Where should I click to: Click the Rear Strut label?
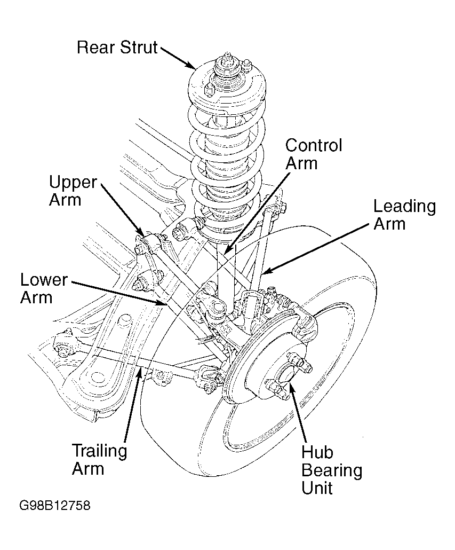click(117, 48)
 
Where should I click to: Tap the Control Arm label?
click(314, 154)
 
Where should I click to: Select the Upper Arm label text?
click(73, 191)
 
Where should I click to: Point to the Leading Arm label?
click(404, 215)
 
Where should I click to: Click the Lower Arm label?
click(44, 288)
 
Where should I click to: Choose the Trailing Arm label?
click(99, 460)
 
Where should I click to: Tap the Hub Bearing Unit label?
click(332, 470)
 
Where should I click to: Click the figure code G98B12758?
click(54, 506)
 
